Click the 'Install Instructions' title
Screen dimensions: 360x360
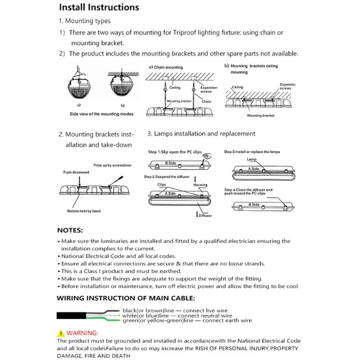click(99, 7)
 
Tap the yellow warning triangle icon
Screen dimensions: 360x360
click(60, 333)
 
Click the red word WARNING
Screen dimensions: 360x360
click(82, 333)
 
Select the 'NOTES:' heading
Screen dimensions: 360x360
click(70, 230)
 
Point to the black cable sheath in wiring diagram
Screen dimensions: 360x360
click(72, 315)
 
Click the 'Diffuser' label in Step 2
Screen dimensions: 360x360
click(205, 216)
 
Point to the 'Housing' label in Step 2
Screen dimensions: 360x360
click(200, 185)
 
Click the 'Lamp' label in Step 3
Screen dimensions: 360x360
click(252, 159)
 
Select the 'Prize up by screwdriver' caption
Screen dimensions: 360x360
click(112, 165)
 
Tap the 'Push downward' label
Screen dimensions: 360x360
click(75, 172)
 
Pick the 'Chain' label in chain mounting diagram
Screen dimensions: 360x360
click(206, 102)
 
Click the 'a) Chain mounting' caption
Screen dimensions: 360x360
click(166, 67)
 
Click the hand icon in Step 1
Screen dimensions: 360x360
click(206, 156)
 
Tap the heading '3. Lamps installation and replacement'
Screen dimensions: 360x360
click(201, 133)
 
